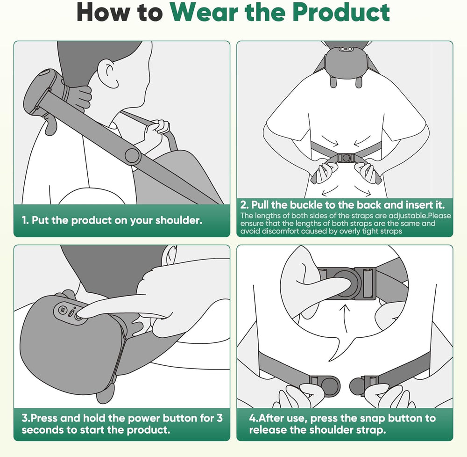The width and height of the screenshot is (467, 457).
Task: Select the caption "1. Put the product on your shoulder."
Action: (112, 220)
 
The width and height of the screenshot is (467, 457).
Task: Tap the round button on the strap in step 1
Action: (133, 156)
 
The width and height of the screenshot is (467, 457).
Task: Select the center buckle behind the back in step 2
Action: (345, 158)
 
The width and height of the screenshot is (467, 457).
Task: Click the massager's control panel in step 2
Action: (346, 50)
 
